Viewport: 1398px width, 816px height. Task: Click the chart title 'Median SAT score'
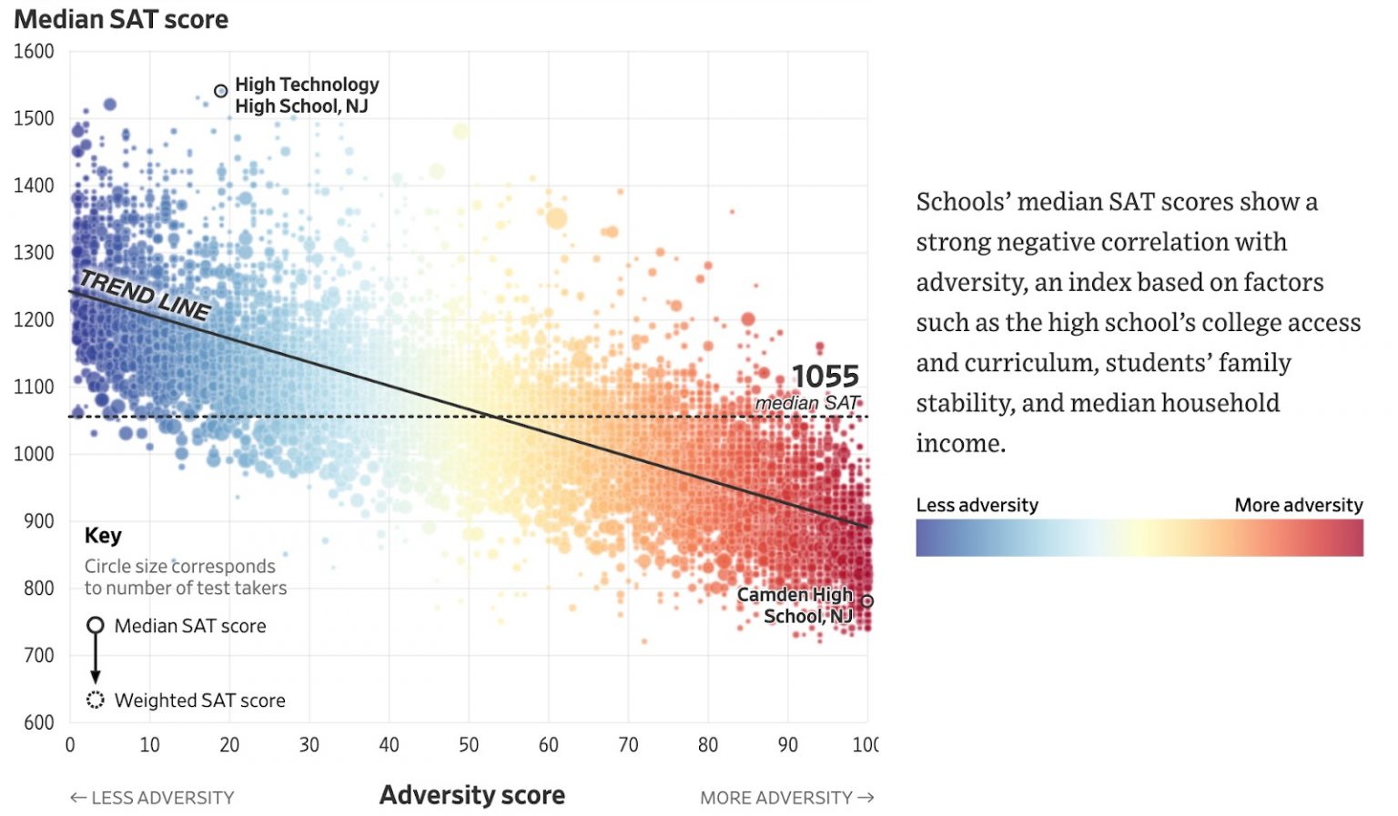point(121,19)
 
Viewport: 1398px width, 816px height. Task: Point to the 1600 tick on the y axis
point(34,52)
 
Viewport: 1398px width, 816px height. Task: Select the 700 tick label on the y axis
point(38,655)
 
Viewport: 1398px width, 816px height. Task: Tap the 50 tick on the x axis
point(469,745)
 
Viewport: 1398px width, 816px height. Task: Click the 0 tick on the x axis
point(70,745)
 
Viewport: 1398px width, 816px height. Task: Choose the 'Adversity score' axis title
point(471,795)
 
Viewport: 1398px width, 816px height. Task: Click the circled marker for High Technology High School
point(220,91)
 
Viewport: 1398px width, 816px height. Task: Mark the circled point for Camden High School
point(867,601)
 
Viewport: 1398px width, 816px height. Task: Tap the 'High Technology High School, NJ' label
point(306,96)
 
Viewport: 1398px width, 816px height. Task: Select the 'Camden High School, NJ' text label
point(795,605)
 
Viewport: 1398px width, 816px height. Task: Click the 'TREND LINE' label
point(146,296)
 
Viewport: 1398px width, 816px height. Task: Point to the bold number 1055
point(825,376)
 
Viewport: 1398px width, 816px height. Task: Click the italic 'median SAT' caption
point(806,402)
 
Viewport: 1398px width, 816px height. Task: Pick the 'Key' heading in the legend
point(103,536)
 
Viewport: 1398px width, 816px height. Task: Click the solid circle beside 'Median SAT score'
point(96,626)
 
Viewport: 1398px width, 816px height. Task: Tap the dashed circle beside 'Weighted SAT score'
point(96,700)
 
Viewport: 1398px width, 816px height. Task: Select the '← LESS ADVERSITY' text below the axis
point(152,798)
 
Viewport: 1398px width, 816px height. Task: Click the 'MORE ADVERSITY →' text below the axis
point(786,798)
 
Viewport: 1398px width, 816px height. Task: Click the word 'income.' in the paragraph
point(960,443)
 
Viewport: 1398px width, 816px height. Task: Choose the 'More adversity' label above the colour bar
point(1298,505)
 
